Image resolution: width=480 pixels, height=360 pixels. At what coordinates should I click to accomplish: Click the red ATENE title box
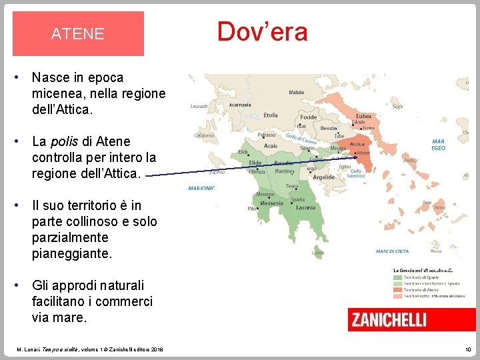click(x=78, y=34)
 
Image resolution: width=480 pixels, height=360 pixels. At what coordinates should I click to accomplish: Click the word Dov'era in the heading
click(x=262, y=32)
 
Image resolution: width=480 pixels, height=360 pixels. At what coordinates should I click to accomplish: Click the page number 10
click(x=467, y=349)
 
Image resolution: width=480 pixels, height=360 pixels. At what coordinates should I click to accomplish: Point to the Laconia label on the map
click(x=305, y=207)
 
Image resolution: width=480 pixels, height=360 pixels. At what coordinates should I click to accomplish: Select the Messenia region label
click(x=271, y=203)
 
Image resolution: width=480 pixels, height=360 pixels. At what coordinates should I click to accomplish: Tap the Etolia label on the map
click(x=271, y=115)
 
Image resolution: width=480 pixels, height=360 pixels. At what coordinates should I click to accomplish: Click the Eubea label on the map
click(x=364, y=116)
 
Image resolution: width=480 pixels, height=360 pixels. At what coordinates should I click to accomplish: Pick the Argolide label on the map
click(x=324, y=177)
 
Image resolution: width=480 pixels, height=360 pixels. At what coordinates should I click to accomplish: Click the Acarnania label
click(x=240, y=105)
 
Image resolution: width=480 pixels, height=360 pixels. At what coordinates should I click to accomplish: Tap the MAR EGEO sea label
click(x=438, y=145)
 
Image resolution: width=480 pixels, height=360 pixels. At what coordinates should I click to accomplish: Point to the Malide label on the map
click(x=296, y=93)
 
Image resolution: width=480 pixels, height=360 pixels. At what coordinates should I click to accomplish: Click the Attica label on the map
click(x=357, y=144)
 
